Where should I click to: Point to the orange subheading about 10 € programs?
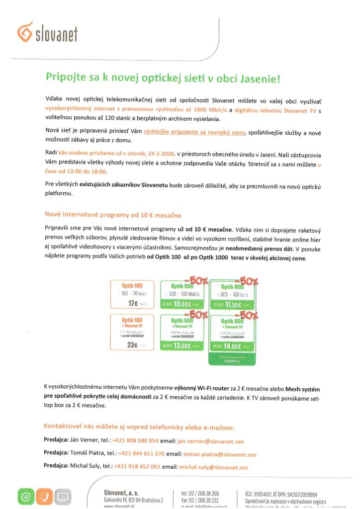tap(113, 215)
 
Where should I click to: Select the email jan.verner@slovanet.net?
tap(210, 441)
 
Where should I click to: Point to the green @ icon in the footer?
tap(25, 497)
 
